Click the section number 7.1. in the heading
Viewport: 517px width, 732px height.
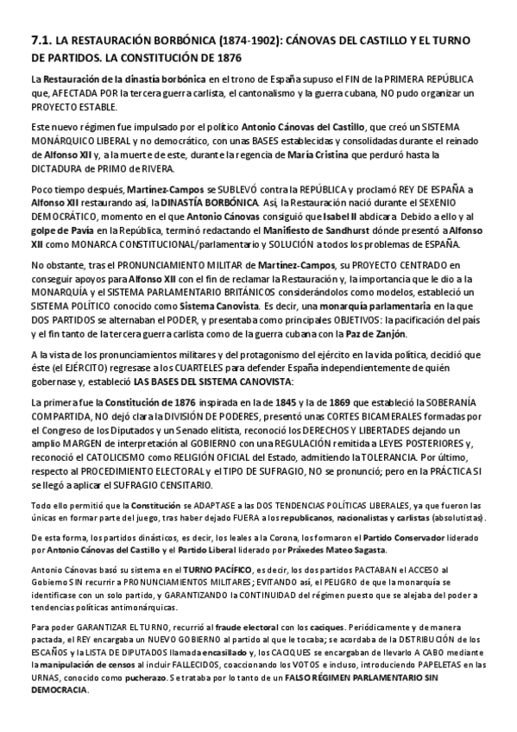click(41, 40)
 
